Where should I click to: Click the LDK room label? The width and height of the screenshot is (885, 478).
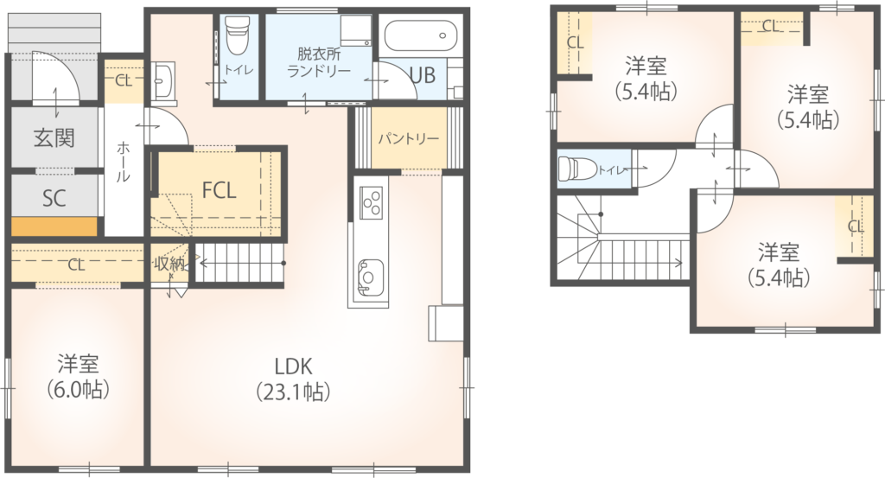293,366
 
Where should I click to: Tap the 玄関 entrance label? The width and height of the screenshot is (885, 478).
54,137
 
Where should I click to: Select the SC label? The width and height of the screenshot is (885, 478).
54,198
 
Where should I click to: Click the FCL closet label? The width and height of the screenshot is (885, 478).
219,191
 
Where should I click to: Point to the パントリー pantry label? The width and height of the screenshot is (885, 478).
409,139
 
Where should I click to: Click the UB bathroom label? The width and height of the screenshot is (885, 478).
422,75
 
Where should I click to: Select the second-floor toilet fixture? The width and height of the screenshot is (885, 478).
576,169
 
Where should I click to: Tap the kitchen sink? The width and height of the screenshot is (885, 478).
368,277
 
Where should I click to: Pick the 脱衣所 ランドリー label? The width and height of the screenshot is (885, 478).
319,62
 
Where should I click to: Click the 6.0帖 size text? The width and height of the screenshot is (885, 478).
78,389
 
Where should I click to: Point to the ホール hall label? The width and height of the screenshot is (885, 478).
123,162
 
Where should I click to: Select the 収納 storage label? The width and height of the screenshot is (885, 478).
169,263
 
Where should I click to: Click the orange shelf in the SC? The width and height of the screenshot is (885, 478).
54,226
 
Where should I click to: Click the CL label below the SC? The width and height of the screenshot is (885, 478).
77,264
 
